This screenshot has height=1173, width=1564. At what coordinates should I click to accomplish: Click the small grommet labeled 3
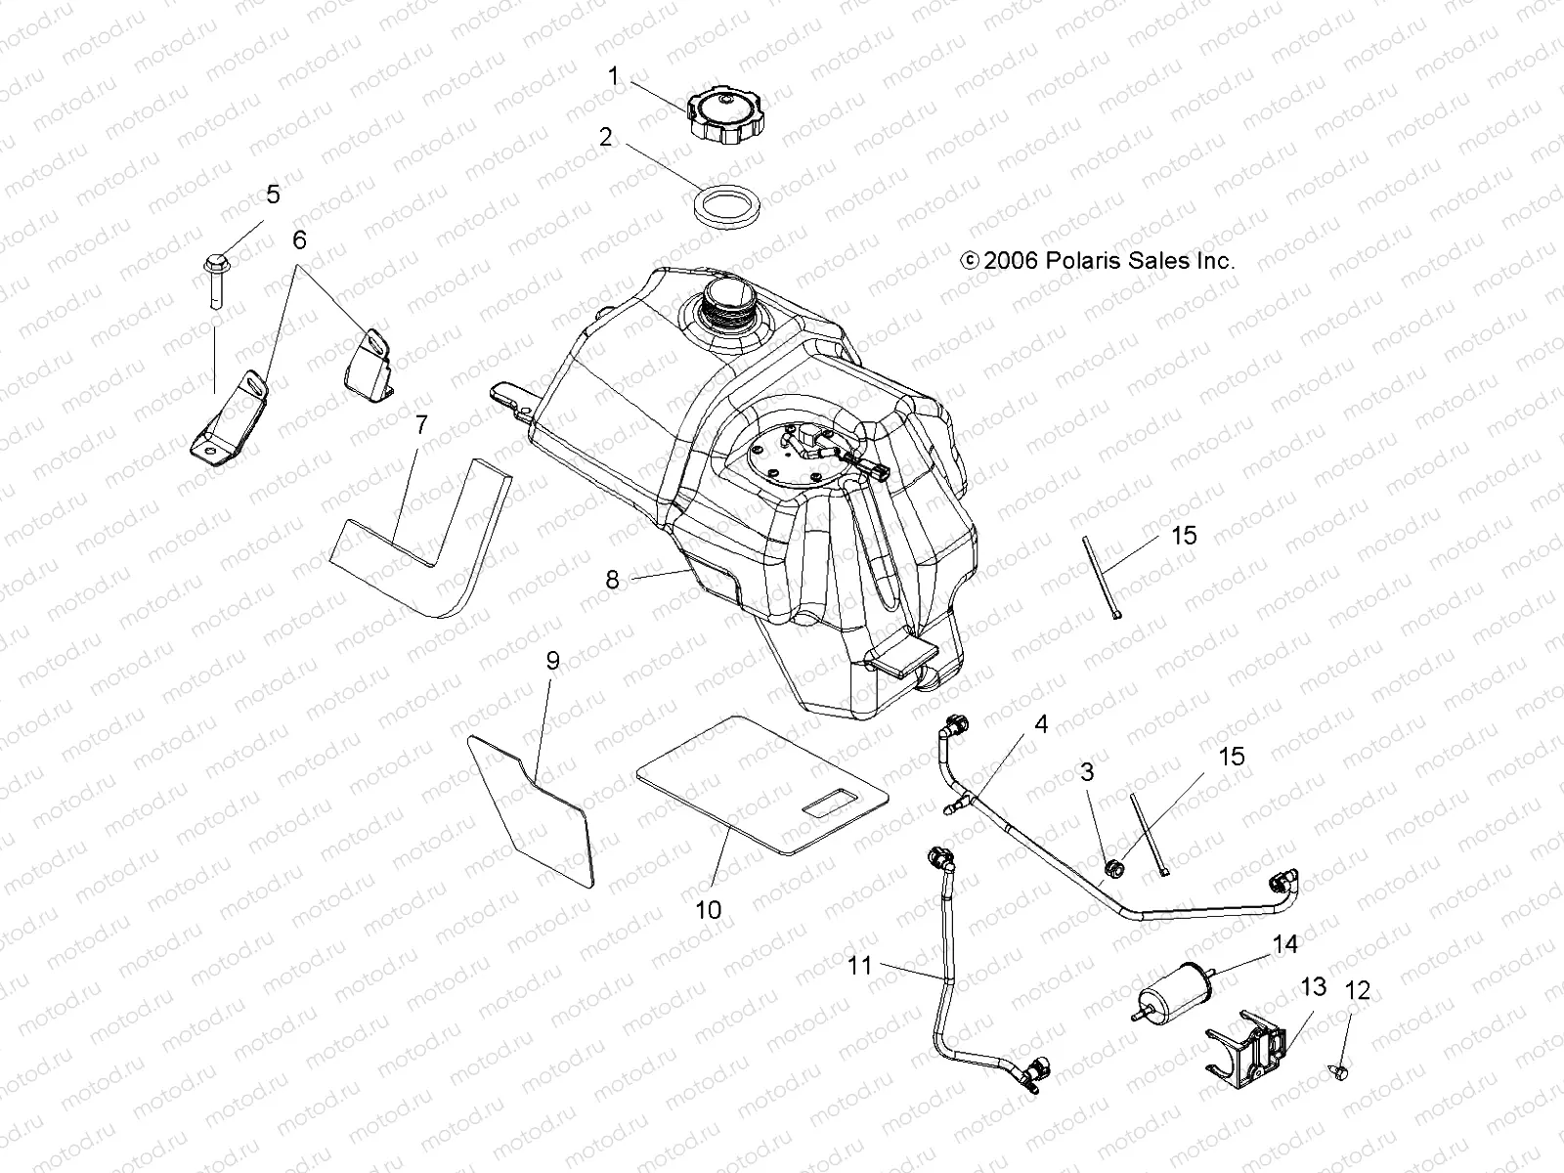point(1113,864)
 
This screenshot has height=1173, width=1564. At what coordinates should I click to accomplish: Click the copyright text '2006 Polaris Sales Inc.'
point(1099,261)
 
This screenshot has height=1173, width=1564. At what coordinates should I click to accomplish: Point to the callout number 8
point(612,580)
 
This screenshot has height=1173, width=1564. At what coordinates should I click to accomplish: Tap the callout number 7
point(421,425)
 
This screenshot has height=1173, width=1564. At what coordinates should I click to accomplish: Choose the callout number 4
point(1041,724)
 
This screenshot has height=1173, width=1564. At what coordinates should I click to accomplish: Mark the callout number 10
point(708,909)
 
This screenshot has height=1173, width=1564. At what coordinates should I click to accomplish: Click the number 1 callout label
point(614,75)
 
